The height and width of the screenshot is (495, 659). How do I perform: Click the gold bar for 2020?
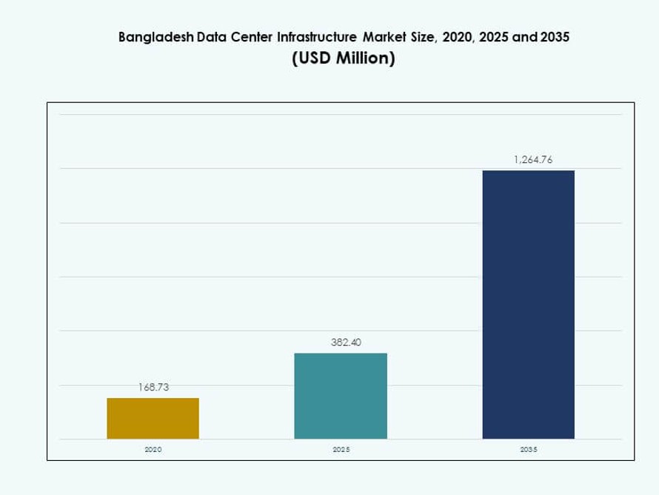pos(153,419)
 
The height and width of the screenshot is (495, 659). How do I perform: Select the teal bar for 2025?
pos(341,396)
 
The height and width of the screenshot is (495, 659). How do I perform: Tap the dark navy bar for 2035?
pos(528,305)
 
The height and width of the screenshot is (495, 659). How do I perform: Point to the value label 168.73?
pos(153,387)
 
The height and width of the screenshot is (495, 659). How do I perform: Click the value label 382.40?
pos(341,342)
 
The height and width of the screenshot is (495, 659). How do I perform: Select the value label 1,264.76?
pos(528,159)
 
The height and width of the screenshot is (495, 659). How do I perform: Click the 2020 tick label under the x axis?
pos(153,450)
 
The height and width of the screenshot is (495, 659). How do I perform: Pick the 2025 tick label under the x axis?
pos(341,450)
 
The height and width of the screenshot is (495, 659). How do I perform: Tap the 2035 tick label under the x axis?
pos(528,450)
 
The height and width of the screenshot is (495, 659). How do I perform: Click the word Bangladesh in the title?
pos(156,38)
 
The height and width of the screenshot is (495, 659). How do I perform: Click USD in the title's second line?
pos(312,59)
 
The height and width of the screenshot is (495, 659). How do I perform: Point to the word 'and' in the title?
pos(525,38)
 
